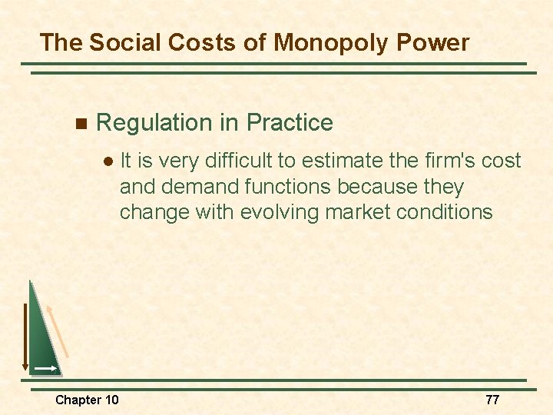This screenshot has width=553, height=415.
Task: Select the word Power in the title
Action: (x=434, y=42)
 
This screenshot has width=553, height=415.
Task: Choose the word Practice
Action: (x=290, y=122)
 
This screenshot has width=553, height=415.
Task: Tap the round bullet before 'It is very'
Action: (x=108, y=161)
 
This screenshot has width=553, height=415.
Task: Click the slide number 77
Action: (x=492, y=400)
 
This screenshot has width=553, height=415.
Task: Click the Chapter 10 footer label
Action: (x=87, y=400)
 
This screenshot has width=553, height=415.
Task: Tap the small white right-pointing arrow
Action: (x=45, y=369)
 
